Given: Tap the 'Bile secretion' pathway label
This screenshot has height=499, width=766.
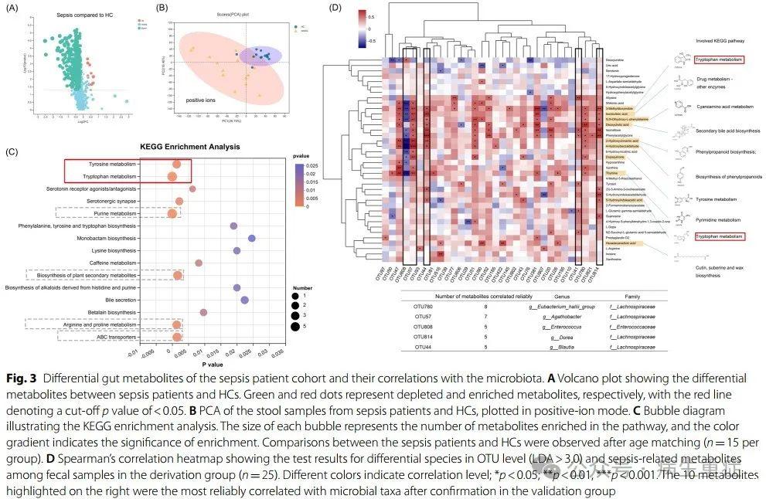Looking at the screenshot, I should (x=120, y=300).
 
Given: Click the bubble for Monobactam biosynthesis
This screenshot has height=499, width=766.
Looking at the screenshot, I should (x=251, y=239).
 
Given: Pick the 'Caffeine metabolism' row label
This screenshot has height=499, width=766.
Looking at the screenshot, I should (x=114, y=263).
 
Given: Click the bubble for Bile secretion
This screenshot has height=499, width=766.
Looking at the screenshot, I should (x=244, y=300).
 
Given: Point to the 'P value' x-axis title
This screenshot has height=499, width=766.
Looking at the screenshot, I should (x=213, y=363).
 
